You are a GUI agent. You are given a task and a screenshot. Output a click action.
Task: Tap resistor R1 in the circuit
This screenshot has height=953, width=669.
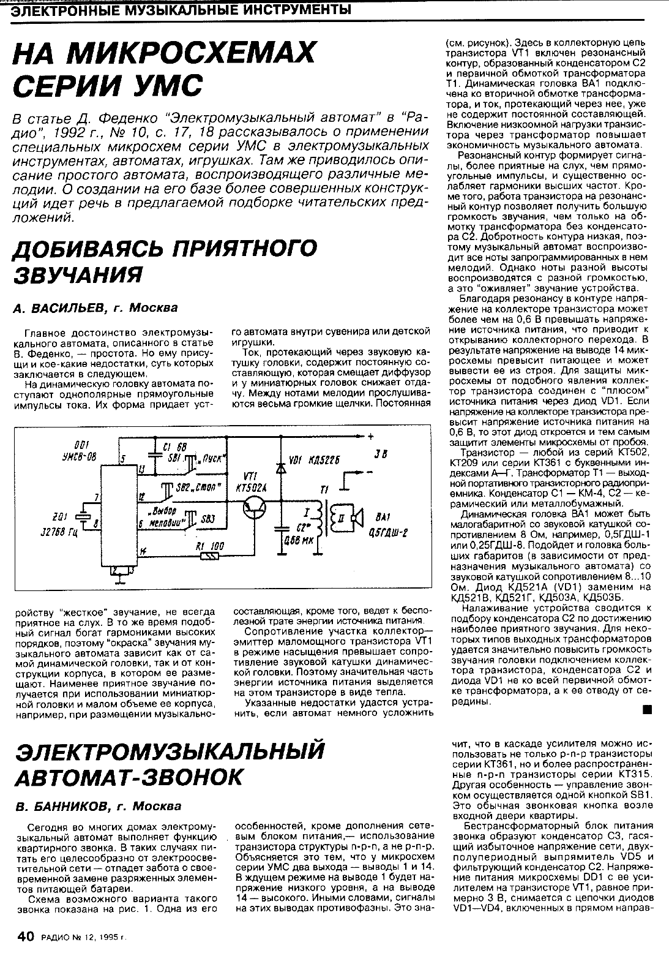pyautogui.click(x=211, y=556)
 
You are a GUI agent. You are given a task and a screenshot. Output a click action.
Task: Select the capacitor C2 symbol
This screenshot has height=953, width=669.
pyautogui.click(x=280, y=527)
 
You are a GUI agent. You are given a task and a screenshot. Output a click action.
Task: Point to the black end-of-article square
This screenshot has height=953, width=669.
pyautogui.click(x=646, y=710)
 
